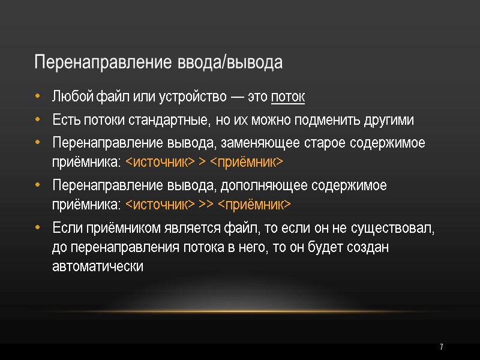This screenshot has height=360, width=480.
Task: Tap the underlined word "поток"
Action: [288, 97]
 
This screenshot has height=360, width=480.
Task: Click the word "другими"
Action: [388, 119]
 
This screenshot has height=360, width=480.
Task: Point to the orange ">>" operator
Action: [206, 205]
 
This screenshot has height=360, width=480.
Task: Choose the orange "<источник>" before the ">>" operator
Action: [160, 205]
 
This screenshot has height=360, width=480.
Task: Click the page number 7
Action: [441, 347]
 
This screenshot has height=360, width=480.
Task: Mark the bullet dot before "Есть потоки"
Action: [38, 120]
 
